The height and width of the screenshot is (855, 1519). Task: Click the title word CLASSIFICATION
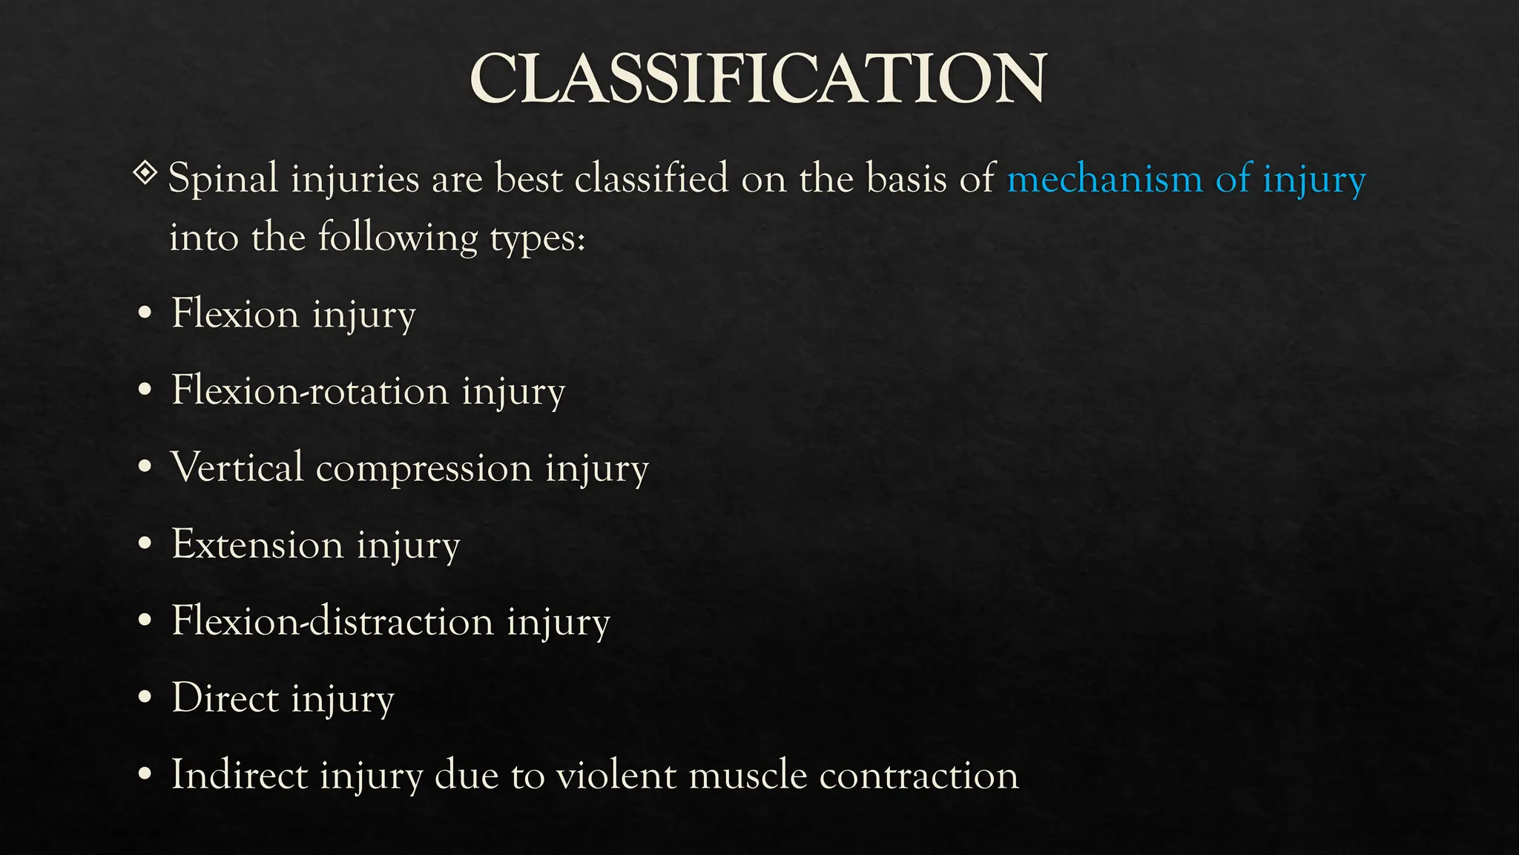point(758,79)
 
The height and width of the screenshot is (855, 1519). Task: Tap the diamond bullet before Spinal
point(145,174)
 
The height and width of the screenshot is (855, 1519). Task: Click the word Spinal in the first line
point(223,180)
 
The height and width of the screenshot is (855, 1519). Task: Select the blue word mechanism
point(1104,179)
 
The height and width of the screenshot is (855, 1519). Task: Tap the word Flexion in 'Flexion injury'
point(235,312)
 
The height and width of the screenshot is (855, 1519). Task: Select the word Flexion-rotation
point(310,390)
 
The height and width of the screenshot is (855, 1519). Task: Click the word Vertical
point(237,467)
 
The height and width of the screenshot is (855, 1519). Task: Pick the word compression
point(424,468)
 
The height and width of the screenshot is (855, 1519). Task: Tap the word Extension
point(257,544)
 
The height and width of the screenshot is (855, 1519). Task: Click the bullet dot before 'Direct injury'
point(145,698)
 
